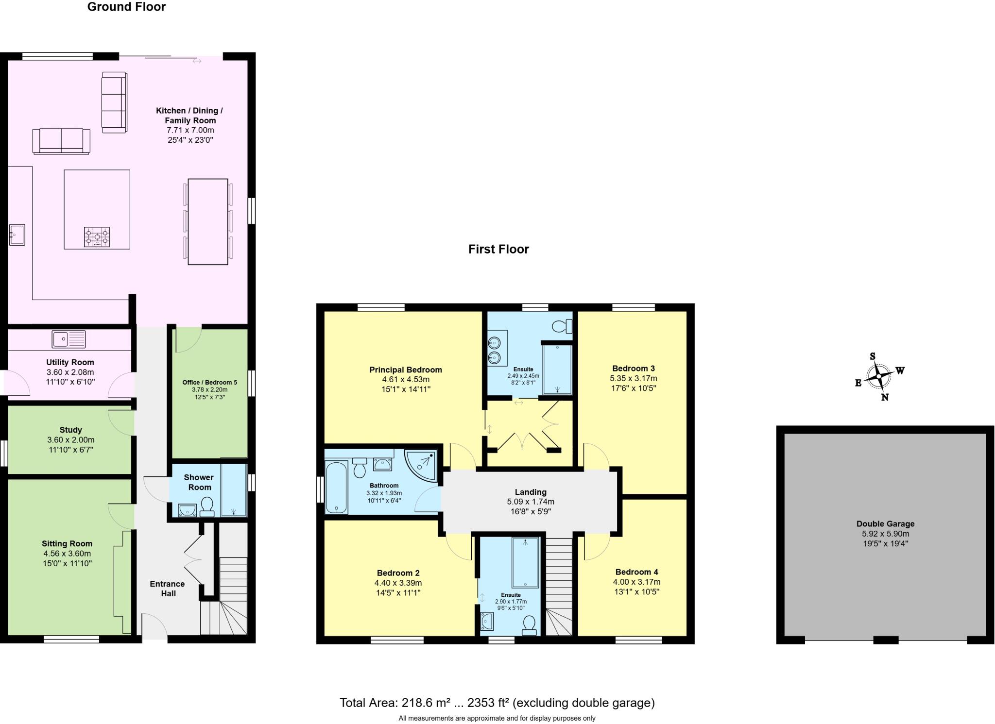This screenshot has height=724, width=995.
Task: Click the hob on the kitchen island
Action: tap(97, 237)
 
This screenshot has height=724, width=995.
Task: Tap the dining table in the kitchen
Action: tap(208, 221)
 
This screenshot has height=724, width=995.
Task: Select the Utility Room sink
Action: tap(69, 339)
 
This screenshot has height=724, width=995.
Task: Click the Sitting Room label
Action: tap(67, 544)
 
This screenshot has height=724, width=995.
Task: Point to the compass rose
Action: tap(878, 376)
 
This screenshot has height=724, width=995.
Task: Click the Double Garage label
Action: tap(885, 524)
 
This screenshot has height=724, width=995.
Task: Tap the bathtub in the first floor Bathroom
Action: tap(336, 488)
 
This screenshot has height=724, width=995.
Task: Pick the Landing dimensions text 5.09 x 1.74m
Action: tap(531, 502)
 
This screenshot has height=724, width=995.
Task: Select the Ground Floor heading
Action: tap(126, 7)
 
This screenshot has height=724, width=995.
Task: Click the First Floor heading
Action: tap(498, 249)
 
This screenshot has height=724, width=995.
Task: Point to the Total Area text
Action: tap(497, 703)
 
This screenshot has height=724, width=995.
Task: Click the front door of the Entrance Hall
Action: tap(154, 629)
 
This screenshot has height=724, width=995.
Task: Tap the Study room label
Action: tap(71, 430)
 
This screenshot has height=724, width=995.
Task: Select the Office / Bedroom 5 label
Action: tap(209, 383)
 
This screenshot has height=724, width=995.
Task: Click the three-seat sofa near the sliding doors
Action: tap(114, 102)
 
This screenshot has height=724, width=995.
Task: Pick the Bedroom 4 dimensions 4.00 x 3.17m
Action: tap(636, 582)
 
